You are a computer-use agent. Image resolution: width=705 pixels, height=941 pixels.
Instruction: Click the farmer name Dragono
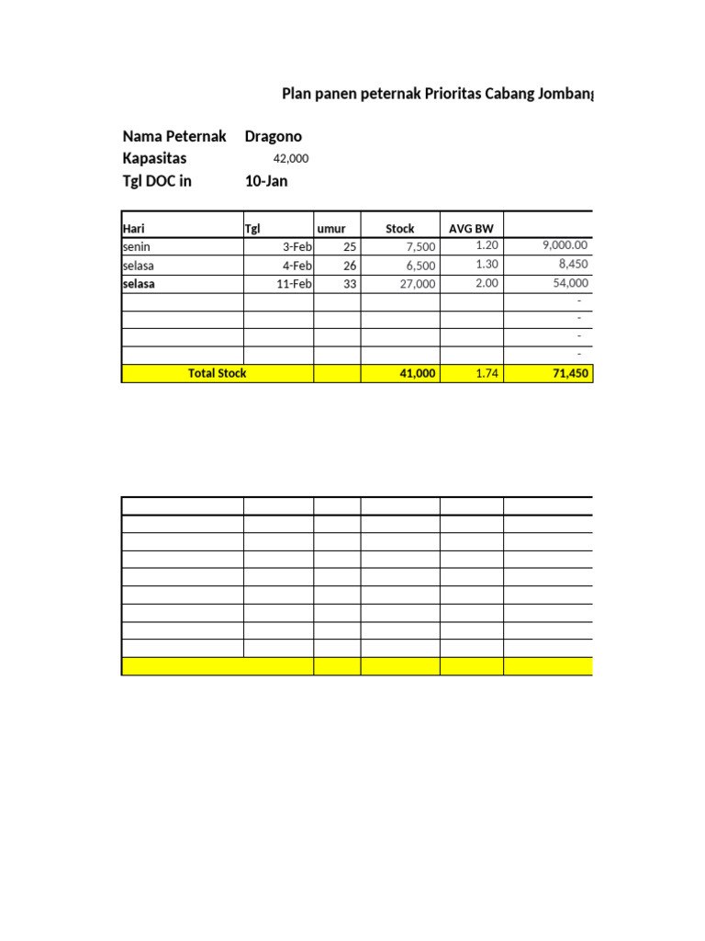pos(273,136)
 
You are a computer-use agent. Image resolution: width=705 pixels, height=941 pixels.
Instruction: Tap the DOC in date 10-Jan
pos(266,181)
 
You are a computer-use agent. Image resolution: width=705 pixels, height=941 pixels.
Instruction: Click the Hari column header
pos(134,229)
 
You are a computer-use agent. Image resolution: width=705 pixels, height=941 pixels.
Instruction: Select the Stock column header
pos(400,229)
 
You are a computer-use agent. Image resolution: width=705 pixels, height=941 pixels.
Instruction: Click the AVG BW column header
pos(471,229)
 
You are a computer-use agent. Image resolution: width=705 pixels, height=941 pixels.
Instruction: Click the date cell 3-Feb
pos(293,247)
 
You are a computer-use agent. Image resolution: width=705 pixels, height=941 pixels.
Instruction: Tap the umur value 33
pos(349,284)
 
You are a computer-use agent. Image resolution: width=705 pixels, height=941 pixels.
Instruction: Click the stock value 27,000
pos(415,284)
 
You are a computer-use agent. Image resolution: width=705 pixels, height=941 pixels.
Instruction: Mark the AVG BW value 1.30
pos(487,264)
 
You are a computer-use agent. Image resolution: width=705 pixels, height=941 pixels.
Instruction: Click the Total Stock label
pos(217,373)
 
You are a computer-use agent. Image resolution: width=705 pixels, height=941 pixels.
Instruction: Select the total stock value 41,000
pos(415,374)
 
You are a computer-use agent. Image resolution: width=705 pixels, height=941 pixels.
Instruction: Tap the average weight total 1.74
pos(487,374)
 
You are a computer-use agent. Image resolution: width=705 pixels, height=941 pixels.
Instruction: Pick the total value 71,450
pos(567,374)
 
